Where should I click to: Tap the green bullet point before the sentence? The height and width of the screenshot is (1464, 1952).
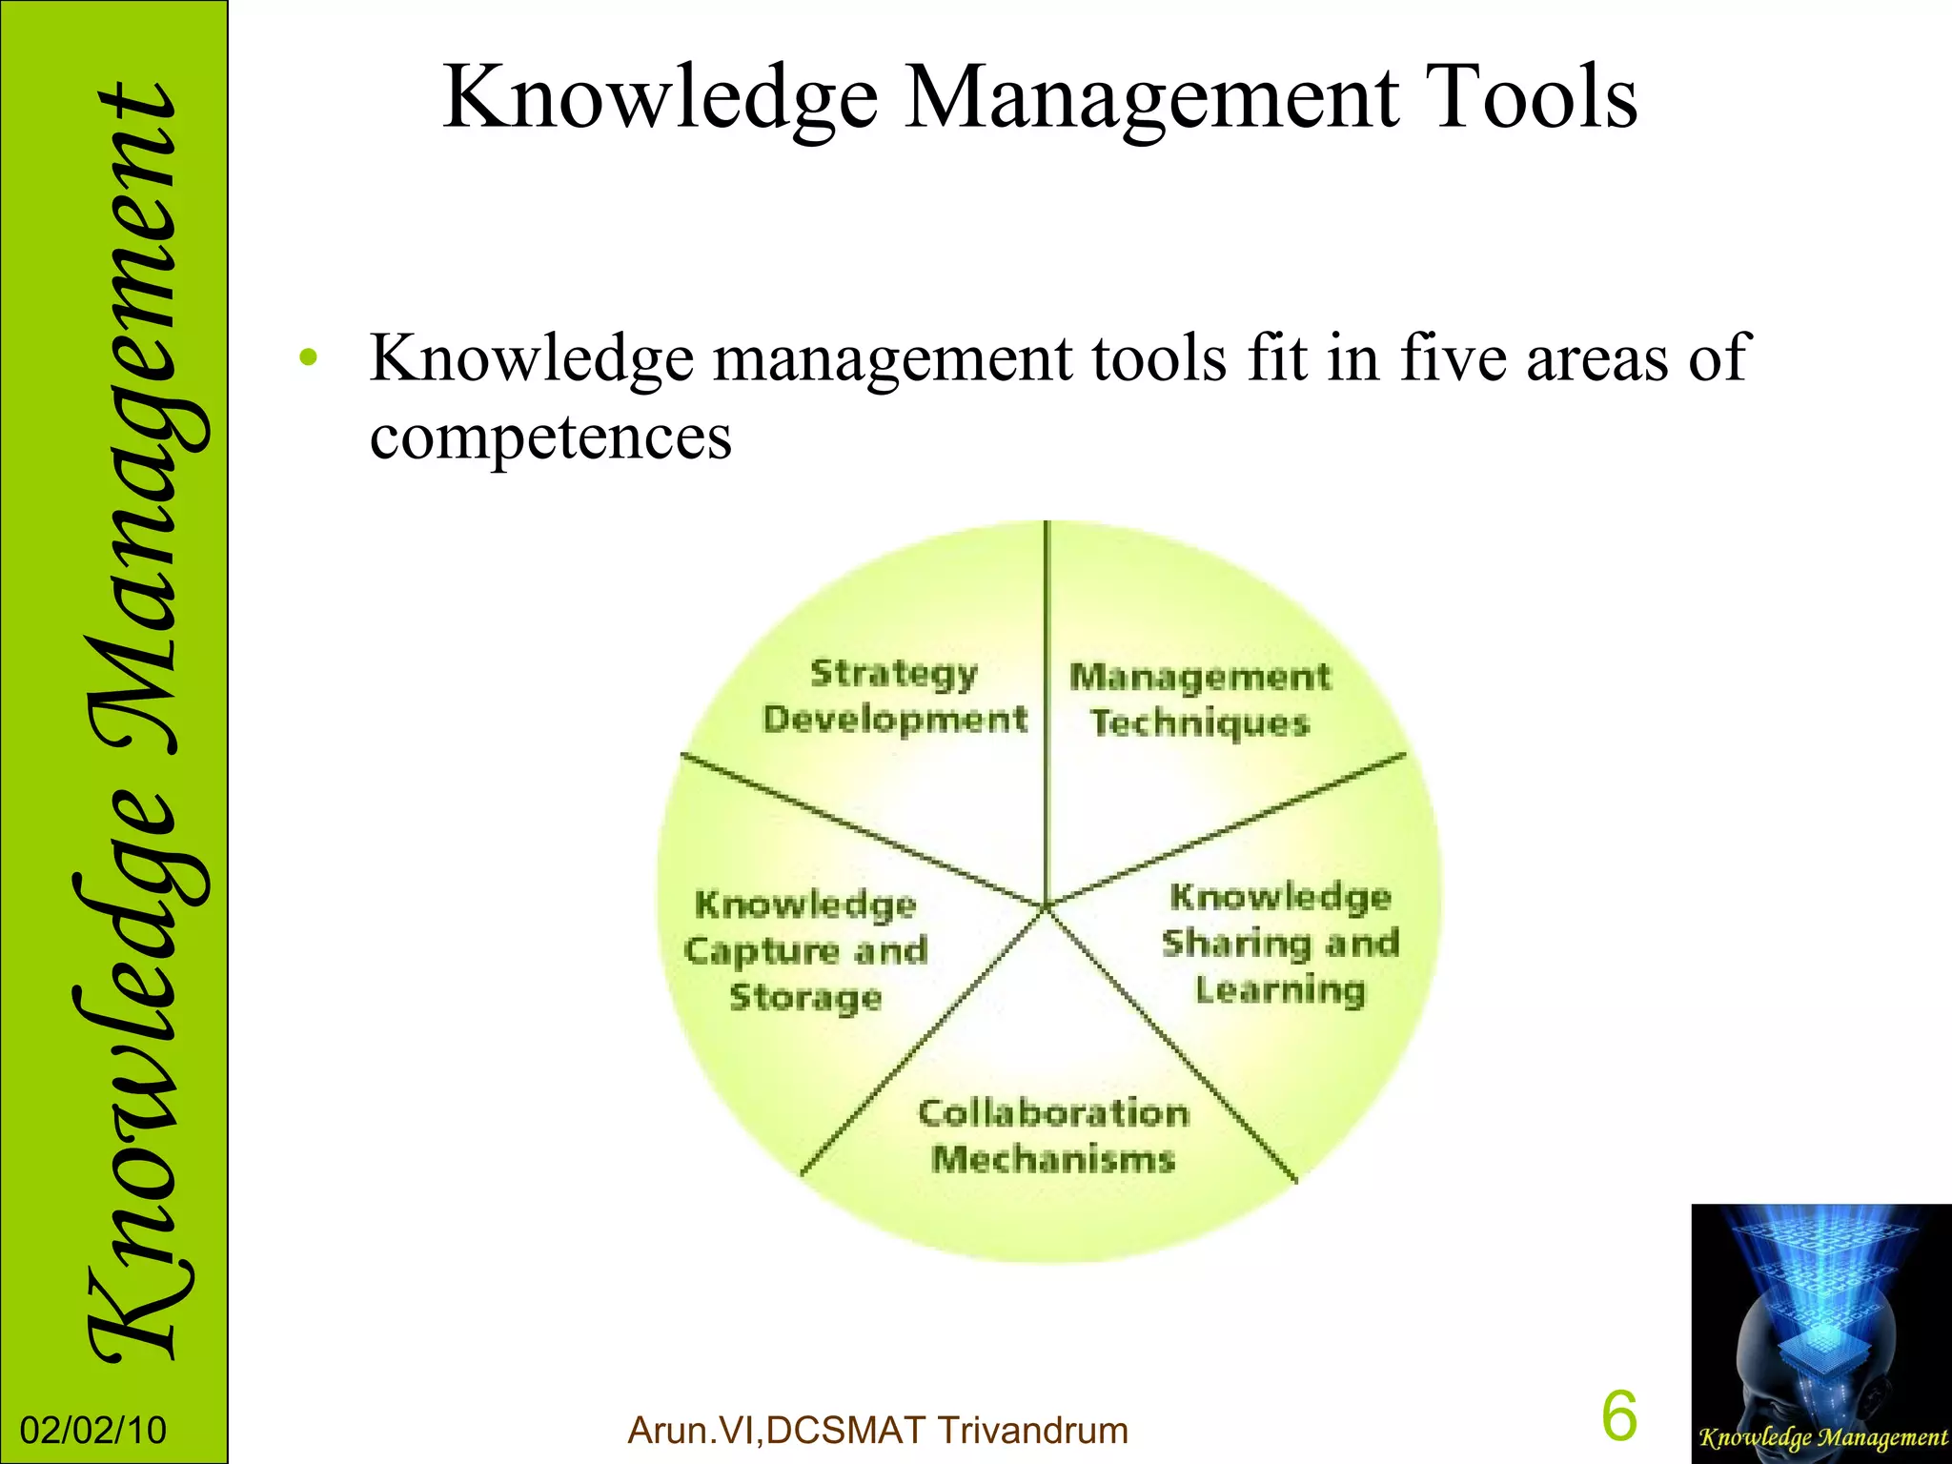point(307,359)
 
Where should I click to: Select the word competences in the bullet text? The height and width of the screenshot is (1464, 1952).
point(551,437)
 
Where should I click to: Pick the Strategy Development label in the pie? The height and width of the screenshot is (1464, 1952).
point(895,696)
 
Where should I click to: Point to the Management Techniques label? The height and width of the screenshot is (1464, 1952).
point(1200,700)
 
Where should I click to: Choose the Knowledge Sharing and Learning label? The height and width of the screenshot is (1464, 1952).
point(1280,943)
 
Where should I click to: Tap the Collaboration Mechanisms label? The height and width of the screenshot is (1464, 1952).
point(1053,1136)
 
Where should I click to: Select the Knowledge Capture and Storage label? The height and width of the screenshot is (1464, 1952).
point(806,950)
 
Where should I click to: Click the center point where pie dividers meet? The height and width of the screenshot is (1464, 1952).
point(1046,905)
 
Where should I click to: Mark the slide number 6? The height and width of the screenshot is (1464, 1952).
point(1619,1415)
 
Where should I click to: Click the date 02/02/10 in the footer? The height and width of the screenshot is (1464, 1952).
point(93,1431)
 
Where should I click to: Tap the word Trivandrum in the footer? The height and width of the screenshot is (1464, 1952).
point(1032,1431)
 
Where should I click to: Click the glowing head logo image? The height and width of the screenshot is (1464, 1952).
point(1820,1315)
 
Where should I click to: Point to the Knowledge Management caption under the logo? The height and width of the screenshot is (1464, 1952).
point(1822,1437)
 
